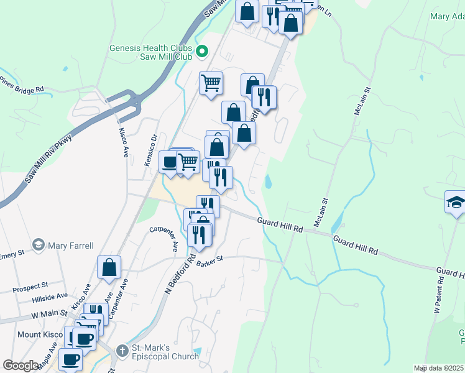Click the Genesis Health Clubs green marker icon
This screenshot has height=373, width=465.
pos(201,52)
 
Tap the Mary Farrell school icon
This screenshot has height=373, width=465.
pos(39,244)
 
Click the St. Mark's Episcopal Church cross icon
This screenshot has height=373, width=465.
pos(121,351)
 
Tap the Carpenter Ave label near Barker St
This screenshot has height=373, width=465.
pos(163,239)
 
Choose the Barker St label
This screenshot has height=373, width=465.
pos(209,264)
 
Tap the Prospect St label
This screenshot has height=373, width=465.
pos(30,286)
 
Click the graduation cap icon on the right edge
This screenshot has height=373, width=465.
pos(456,203)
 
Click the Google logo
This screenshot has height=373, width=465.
pos(21,366)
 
